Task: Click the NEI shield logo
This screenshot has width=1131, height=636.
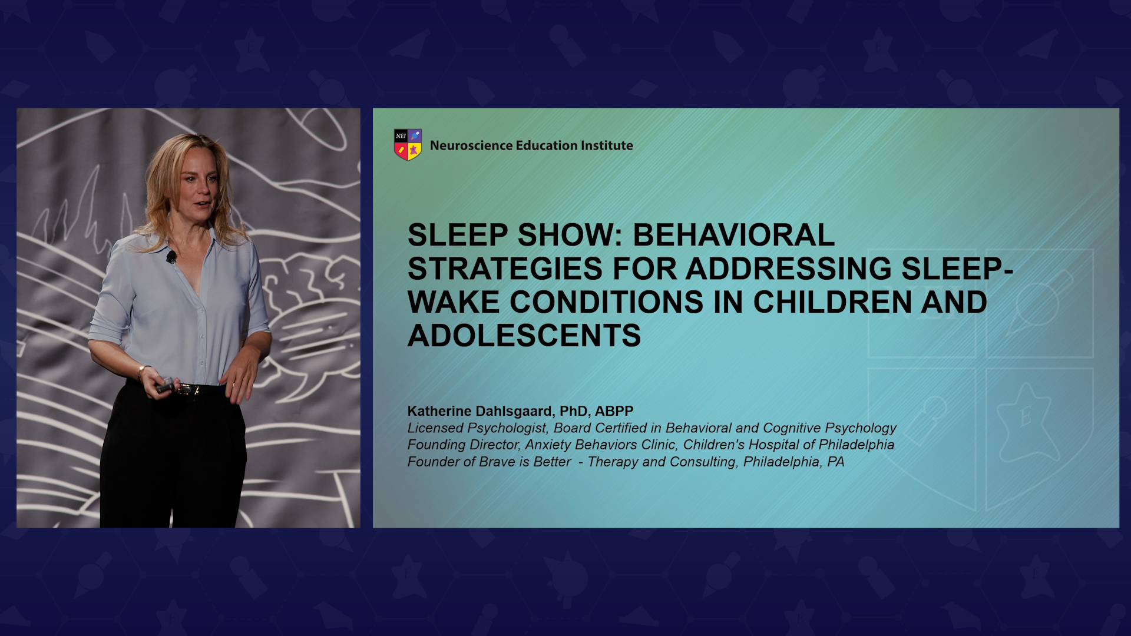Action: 408,145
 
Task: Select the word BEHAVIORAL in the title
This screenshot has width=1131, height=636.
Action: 733,235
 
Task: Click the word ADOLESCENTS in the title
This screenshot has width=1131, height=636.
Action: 524,336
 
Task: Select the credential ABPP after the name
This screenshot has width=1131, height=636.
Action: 614,411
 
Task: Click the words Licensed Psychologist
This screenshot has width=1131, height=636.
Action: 477,428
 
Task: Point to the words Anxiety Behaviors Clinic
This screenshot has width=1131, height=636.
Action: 600,445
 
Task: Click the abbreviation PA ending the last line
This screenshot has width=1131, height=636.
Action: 836,462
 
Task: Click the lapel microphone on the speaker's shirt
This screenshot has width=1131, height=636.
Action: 171,257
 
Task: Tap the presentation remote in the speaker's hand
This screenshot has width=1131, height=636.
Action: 165,386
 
